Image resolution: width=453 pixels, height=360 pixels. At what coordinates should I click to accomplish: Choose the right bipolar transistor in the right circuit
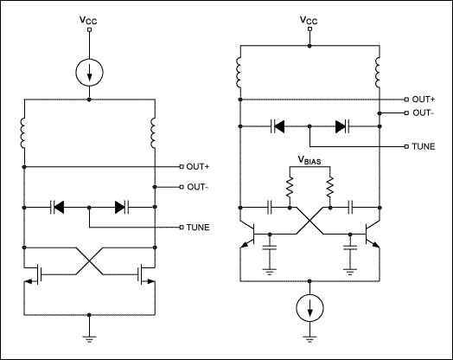(x=372, y=235)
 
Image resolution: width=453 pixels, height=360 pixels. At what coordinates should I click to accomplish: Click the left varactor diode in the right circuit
(x=278, y=125)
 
